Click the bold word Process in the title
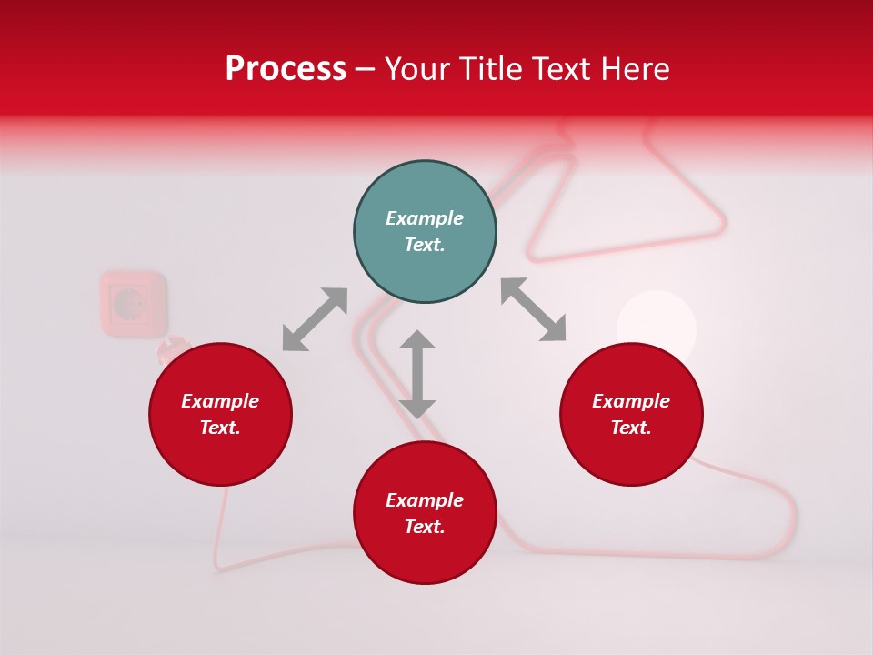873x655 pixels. point(286,69)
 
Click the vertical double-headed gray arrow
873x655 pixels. point(417,374)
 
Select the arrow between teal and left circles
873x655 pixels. point(315,319)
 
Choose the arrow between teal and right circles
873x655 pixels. point(534,309)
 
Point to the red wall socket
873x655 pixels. point(133,302)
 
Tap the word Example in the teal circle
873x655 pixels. point(425,218)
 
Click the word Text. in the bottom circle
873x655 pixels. point(425,527)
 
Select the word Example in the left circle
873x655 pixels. point(220,401)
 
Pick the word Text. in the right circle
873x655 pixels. point(631,428)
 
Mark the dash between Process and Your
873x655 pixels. point(366,70)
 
